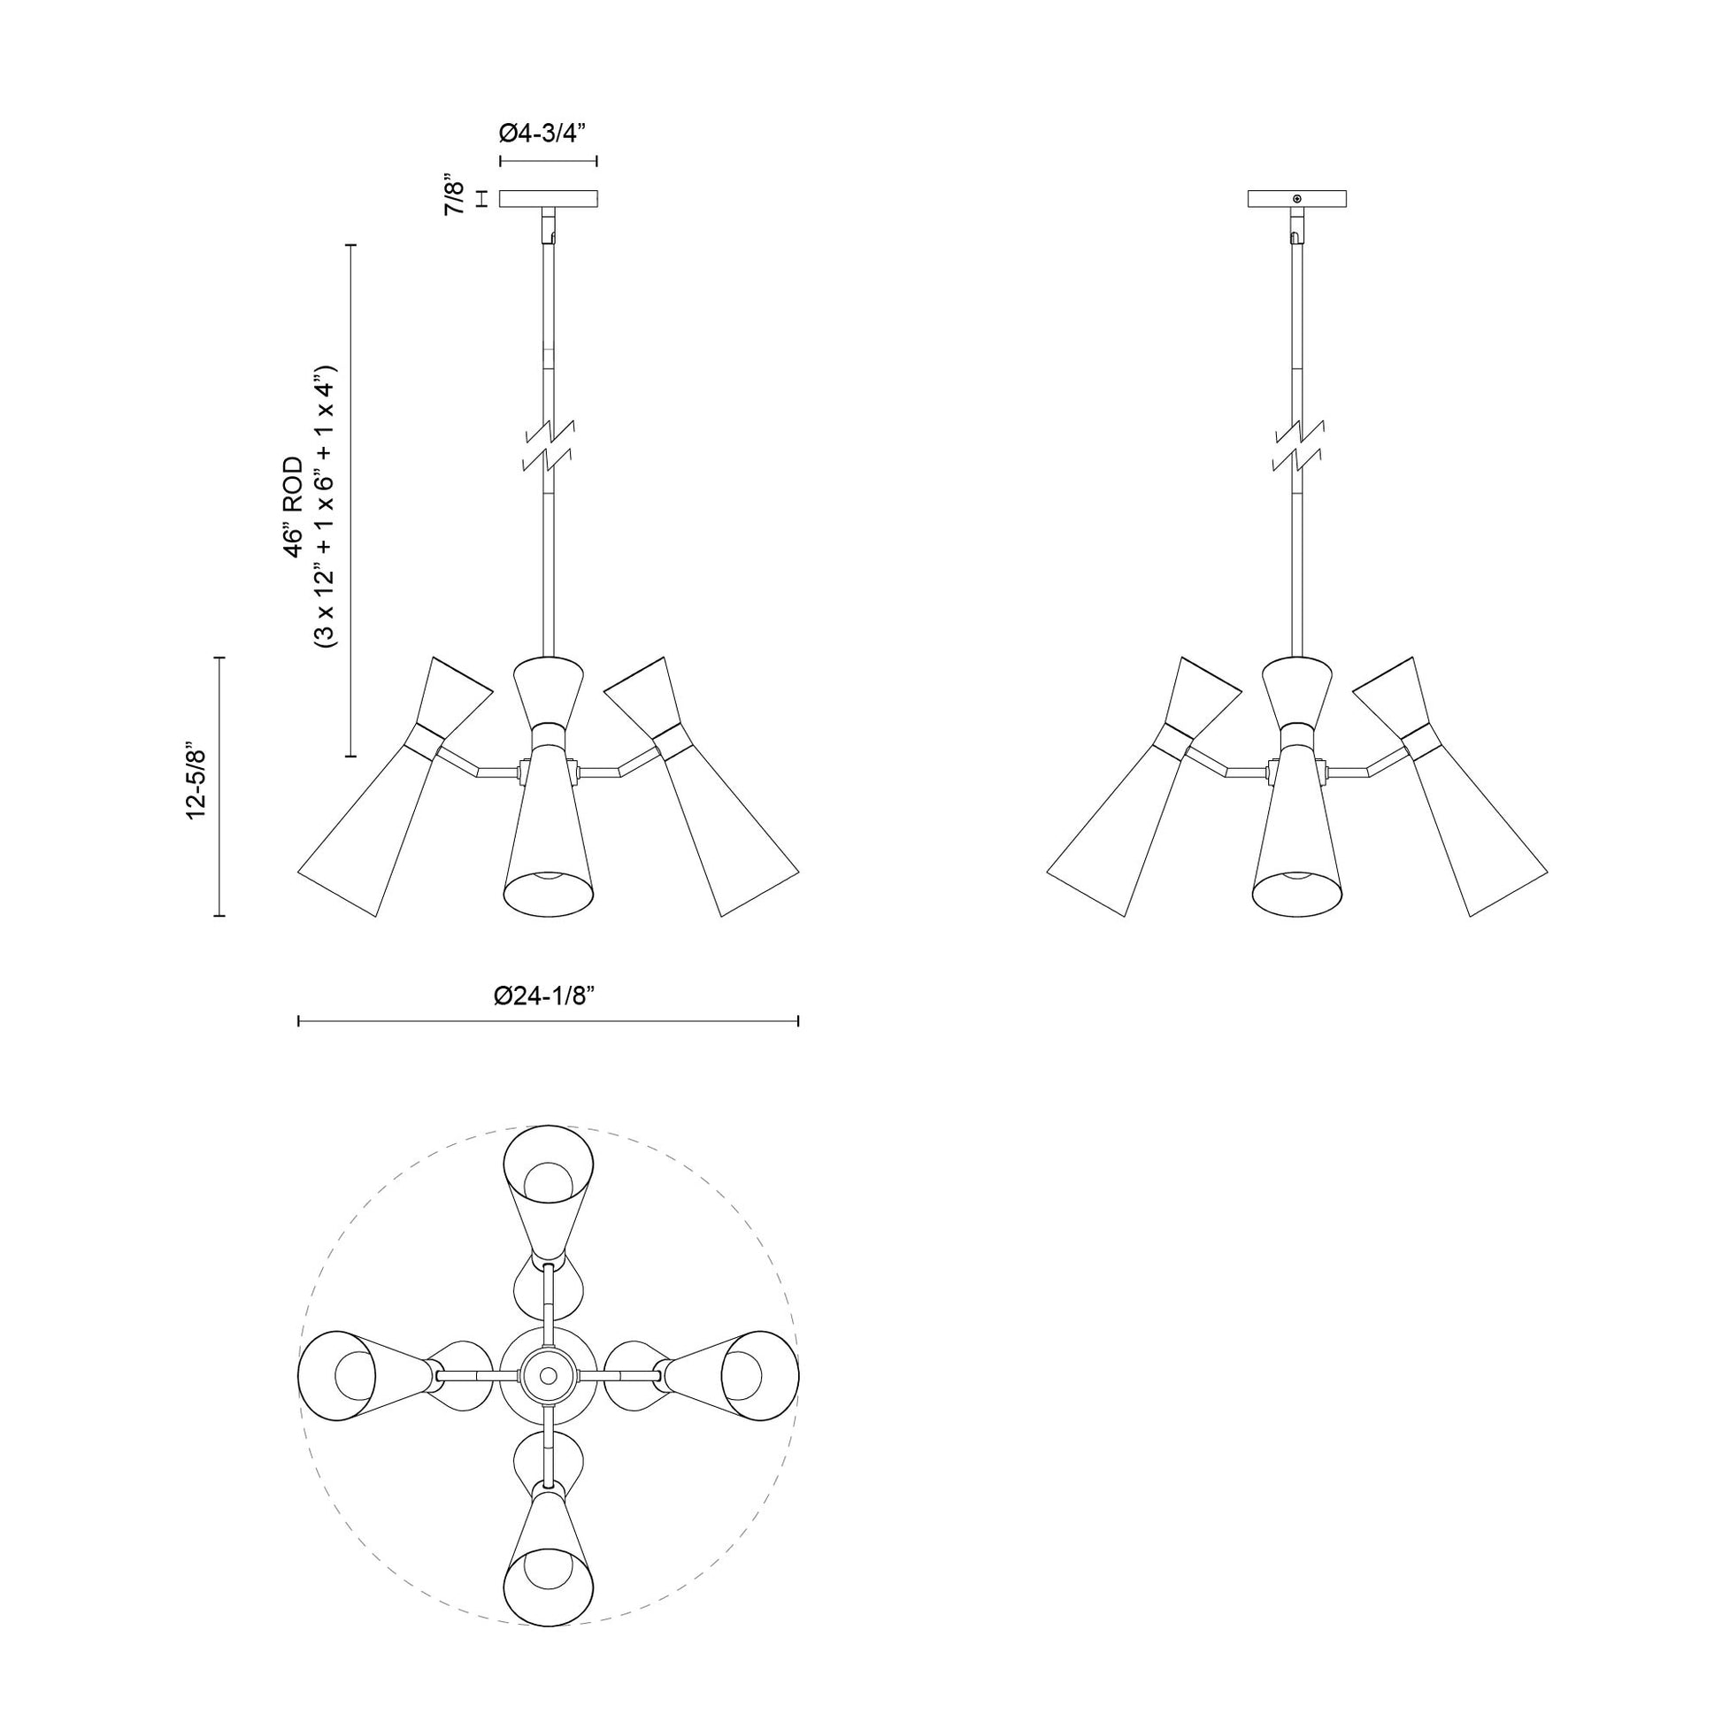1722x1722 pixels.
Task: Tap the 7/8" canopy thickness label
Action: (456, 198)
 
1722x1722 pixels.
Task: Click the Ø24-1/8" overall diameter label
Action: (543, 996)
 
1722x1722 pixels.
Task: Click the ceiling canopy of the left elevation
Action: (548, 199)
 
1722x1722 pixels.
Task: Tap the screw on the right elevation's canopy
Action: (1297, 198)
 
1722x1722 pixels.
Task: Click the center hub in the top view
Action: (548, 1377)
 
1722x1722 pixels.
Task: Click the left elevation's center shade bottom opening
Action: (548, 894)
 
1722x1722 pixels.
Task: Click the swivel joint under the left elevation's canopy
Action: (549, 227)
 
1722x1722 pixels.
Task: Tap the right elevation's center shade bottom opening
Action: (1297, 894)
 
